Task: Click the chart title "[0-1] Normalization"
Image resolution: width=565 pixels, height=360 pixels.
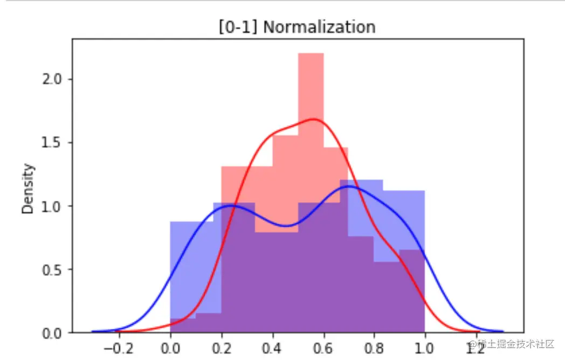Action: [x=297, y=27]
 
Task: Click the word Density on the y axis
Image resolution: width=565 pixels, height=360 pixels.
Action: [x=29, y=189]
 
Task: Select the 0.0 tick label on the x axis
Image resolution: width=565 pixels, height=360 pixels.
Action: [x=170, y=349]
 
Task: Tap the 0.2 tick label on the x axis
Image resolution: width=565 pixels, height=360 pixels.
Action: [x=221, y=349]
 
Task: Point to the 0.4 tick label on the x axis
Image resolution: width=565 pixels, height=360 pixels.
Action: [x=272, y=349]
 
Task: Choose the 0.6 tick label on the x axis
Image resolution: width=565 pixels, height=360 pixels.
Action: [x=323, y=349]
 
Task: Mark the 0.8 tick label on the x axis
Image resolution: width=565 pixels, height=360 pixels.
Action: [x=374, y=349]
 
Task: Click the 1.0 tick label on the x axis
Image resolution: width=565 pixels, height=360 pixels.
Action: [x=425, y=349]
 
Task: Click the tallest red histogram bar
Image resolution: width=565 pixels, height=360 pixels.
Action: [x=311, y=86]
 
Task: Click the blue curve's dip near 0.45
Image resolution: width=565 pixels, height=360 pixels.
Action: [x=286, y=225]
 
